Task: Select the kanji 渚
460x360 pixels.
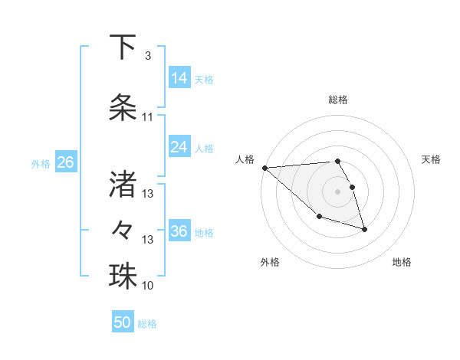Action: (123, 183)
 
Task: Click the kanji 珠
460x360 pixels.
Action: (123, 276)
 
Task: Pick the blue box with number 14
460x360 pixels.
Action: (179, 78)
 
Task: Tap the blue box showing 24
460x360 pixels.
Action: (179, 147)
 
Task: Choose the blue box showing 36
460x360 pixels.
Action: (179, 231)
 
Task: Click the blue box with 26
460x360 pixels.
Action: (65, 162)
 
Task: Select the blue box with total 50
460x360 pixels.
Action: (123, 322)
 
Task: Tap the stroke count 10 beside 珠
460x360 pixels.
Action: (148, 286)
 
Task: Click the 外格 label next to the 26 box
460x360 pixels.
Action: (40, 163)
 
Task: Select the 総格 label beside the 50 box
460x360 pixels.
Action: (147, 324)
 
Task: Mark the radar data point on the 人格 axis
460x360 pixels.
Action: (264, 168)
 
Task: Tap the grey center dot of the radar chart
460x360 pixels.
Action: (337, 191)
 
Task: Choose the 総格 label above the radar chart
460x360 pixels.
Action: (337, 100)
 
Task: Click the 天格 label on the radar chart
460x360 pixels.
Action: (432, 159)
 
